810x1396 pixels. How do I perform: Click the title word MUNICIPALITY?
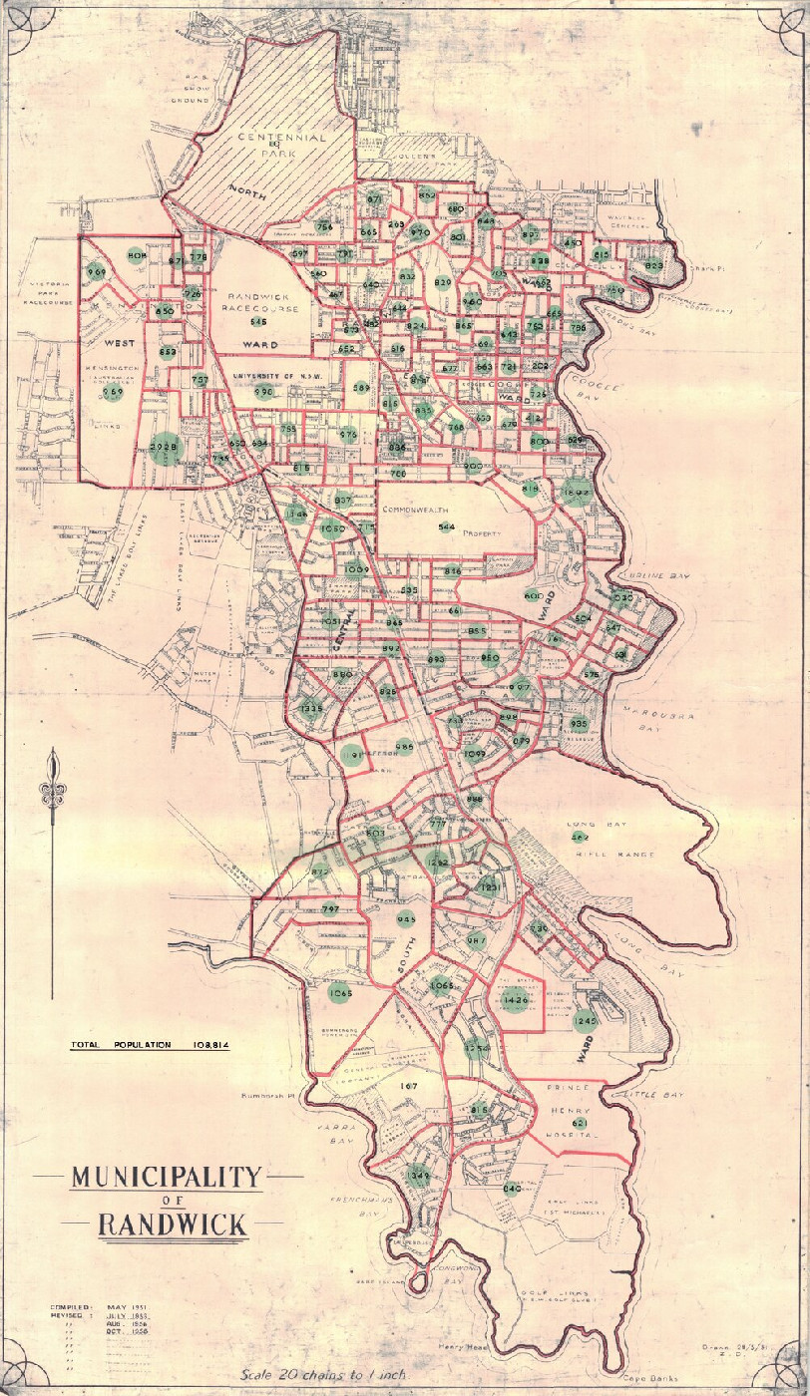(x=167, y=1178)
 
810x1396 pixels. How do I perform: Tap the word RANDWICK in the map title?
(x=173, y=1223)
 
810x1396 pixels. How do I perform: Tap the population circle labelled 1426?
(x=516, y=999)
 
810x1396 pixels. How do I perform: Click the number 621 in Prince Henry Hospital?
(x=580, y=1123)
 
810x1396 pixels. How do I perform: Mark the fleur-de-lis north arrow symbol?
(x=53, y=792)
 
